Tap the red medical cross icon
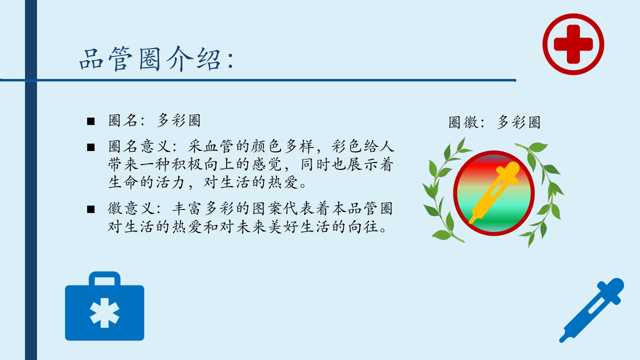pos(573,44)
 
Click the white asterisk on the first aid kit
pos(104,312)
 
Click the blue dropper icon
pos(592,309)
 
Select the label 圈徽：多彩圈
pos(494,122)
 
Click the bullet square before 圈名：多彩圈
pos(90,121)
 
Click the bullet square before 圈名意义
pos(90,147)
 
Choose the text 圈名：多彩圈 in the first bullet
pos(154,120)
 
